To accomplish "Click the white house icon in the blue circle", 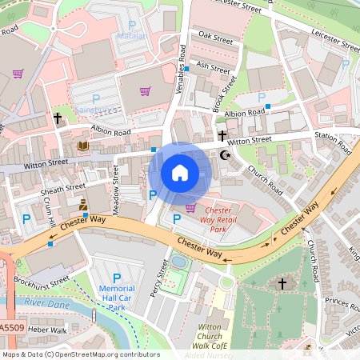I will tap(180, 172).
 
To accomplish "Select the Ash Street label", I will tap(213, 66).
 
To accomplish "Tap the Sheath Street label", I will tap(65, 189).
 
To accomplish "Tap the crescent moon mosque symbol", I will tap(224, 155).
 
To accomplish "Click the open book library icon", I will tap(84, 146).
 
